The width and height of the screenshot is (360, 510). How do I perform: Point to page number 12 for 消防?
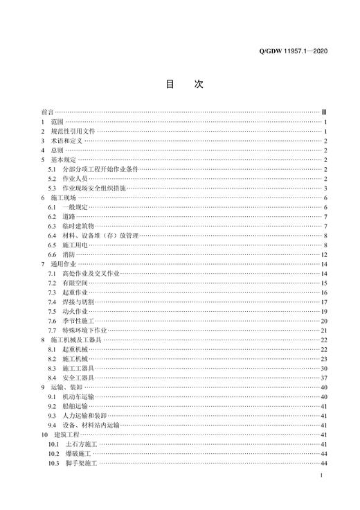(x=323, y=255)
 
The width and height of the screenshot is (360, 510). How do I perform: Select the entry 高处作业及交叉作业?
(x=91, y=274)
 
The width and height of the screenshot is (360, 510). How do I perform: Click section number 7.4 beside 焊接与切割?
(x=53, y=302)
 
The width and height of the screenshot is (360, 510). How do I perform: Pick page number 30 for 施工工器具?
(x=323, y=369)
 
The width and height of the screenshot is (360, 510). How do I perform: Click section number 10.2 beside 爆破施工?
(x=55, y=453)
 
